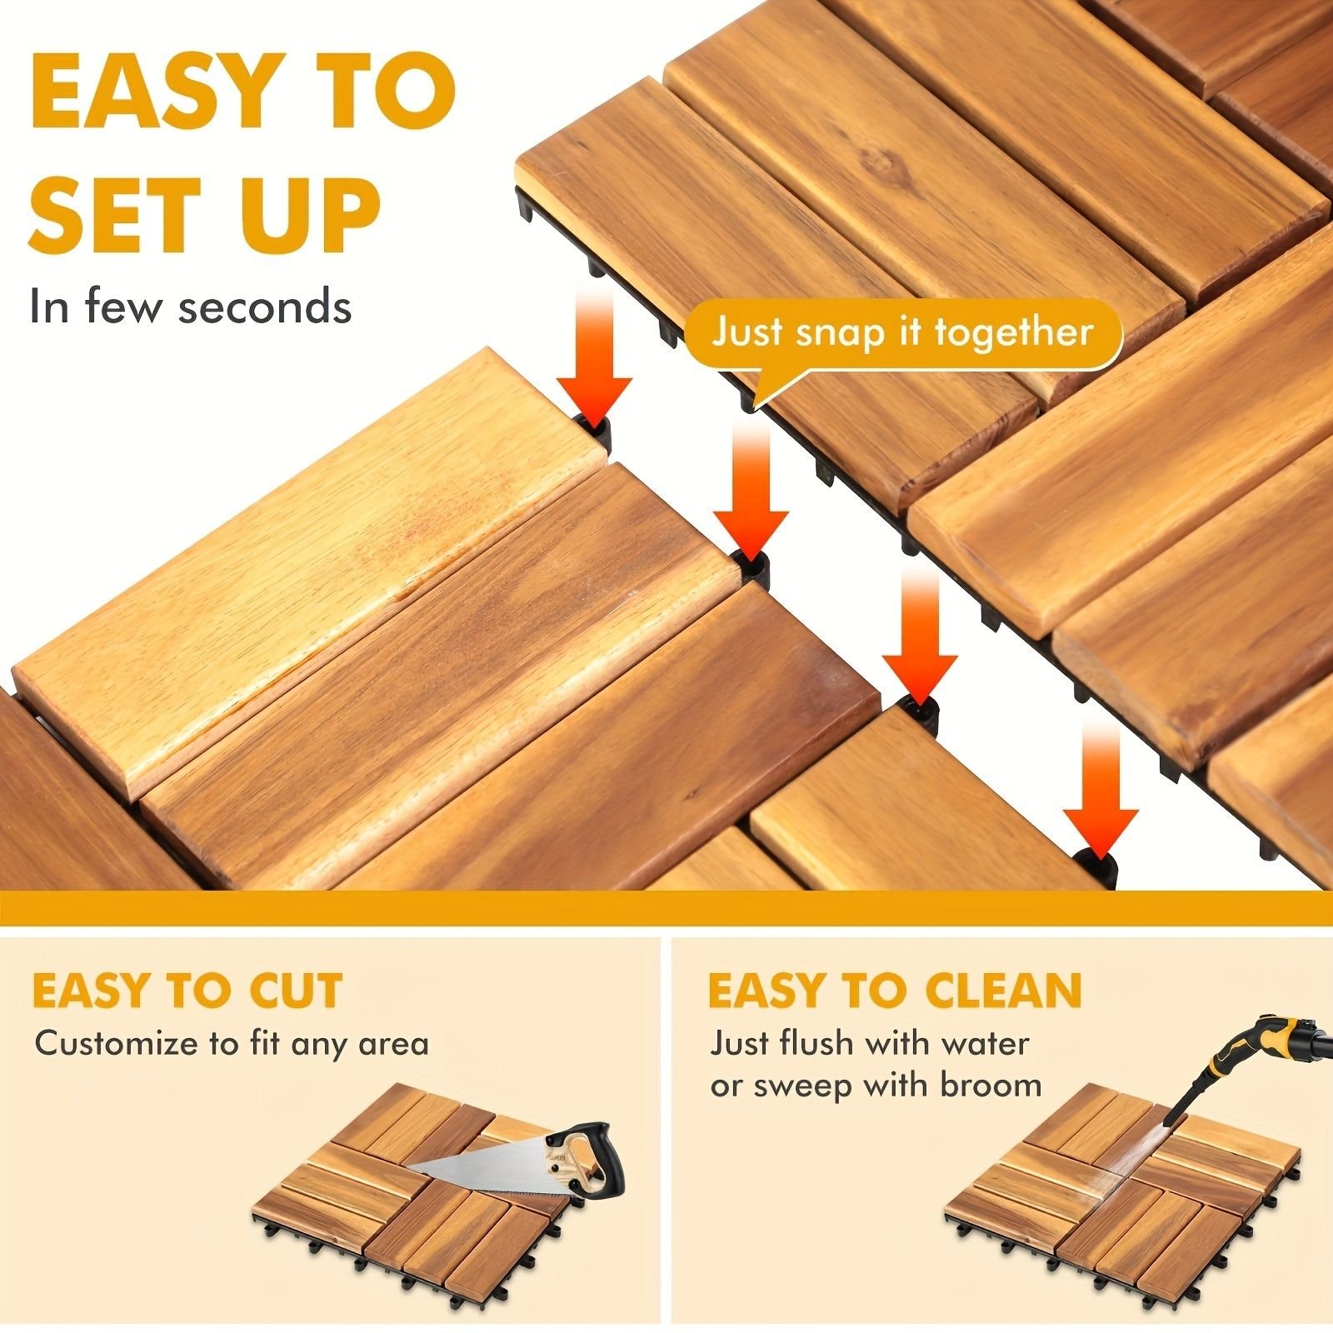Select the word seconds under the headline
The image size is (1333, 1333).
pos(265,307)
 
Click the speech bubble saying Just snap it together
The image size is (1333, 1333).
pos(903,342)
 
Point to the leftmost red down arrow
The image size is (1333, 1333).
pos(595,357)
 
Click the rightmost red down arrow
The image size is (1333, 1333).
pos(1101,788)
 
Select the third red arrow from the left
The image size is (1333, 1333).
pos(919,635)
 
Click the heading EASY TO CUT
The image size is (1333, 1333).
pos(187,991)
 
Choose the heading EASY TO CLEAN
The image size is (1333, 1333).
pos(895,991)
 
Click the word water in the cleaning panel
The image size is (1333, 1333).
pos(985,1043)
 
